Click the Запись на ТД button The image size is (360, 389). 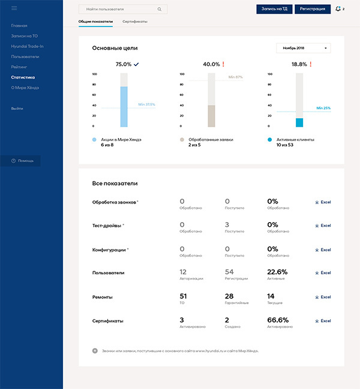coord(274,9)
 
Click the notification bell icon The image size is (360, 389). coord(339,9)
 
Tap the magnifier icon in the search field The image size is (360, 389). coord(159,10)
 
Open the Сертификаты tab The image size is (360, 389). coord(135,22)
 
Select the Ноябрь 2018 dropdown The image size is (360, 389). coord(304,48)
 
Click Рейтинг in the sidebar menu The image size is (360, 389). coord(19,67)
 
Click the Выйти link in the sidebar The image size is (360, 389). coord(17,108)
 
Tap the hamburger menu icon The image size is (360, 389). coord(14,8)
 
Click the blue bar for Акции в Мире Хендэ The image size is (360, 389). coord(124,106)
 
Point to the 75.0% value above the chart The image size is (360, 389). coord(124,64)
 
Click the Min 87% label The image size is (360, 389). coord(235,77)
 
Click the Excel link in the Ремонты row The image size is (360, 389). coord(323,297)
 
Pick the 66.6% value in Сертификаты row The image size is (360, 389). coord(278,320)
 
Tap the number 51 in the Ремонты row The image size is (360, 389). coord(183,296)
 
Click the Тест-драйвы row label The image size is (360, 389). coord(108,225)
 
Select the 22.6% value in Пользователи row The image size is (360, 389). coord(277,271)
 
